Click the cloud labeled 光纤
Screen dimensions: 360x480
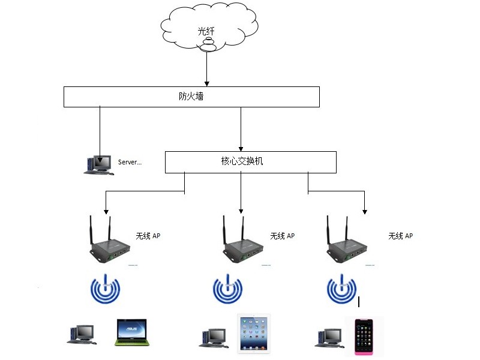click(x=208, y=27)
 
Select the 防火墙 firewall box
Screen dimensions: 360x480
click(x=191, y=97)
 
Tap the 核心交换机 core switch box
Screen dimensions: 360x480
click(x=250, y=162)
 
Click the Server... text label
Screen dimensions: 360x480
click(x=130, y=162)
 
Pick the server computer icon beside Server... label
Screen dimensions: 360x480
click(x=98, y=164)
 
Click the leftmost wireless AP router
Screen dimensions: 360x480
click(x=109, y=243)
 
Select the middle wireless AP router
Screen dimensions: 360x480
click(x=242, y=243)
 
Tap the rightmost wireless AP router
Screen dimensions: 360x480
click(x=347, y=243)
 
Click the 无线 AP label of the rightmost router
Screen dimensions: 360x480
click(x=400, y=236)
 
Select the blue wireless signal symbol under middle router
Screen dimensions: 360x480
click(x=228, y=290)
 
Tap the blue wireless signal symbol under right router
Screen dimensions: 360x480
click(x=341, y=290)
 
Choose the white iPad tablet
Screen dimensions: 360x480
click(x=254, y=332)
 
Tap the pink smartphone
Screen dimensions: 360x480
click(x=364, y=336)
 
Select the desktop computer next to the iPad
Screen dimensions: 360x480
click(x=213, y=337)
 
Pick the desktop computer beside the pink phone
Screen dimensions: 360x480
click(x=329, y=337)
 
